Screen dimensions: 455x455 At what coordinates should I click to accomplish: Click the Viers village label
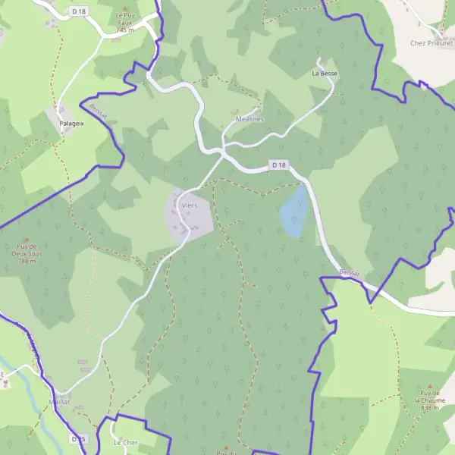pos(189,205)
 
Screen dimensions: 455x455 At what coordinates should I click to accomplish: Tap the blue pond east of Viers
pos(294,212)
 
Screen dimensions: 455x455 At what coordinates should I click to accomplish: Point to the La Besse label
pos(324,74)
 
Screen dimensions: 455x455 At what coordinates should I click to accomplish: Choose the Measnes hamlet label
pos(249,118)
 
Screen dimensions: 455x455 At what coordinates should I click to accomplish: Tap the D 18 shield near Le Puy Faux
pos(78,11)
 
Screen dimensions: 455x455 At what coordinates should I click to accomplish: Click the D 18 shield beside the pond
pos(279,165)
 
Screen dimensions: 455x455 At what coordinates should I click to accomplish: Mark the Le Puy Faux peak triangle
pos(125,8)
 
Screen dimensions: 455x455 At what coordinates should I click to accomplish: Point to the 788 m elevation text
pos(27,261)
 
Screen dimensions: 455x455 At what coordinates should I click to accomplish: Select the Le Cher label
pos(125,442)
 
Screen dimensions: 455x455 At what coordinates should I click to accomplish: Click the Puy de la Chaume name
pos(429,396)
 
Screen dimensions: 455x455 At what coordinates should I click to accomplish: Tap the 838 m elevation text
pos(429,407)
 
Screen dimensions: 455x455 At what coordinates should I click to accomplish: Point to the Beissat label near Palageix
pos(97,111)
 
